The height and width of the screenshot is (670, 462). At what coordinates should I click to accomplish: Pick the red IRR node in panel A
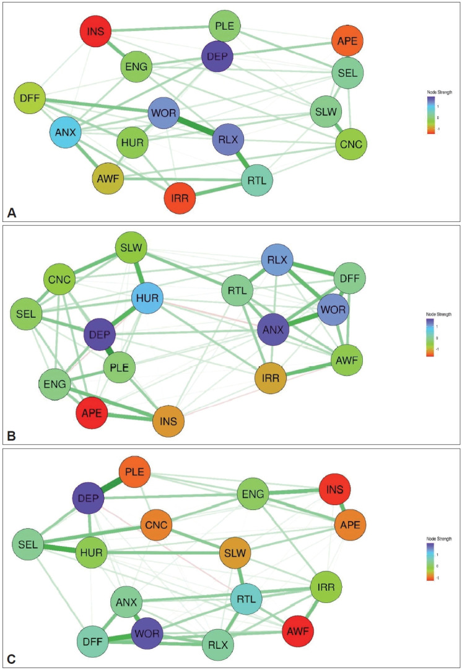coord(180,198)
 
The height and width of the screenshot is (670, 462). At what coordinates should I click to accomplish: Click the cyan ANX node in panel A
coord(66,131)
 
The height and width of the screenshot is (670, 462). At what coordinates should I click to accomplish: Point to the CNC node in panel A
coord(350,144)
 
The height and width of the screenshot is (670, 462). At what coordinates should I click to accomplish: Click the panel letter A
coord(11,213)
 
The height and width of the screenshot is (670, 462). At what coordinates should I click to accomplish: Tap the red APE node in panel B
coord(90,411)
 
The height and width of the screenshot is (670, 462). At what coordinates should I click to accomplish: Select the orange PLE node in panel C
coord(134,472)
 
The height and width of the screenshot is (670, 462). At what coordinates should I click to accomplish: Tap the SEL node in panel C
coord(28,545)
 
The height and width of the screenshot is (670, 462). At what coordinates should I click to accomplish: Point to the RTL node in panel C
coord(246,599)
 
